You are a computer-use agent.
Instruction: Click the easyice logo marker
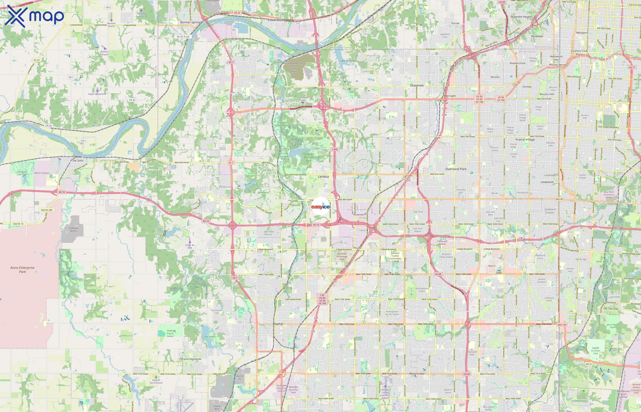click(320, 206)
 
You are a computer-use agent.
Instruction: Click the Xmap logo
click(35, 16)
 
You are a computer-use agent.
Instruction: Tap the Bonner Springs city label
click(191, 22)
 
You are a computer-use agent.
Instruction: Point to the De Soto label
click(78, 160)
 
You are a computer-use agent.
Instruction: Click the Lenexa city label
click(323, 176)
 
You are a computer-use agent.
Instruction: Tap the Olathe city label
click(277, 324)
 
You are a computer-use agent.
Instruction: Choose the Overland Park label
click(456, 169)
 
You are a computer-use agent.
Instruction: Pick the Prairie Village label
click(525, 140)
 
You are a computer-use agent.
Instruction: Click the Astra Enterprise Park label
click(22, 269)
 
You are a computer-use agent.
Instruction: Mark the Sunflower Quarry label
click(73, 229)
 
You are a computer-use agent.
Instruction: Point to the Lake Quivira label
click(347, 61)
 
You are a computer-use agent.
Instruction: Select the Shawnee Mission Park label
click(308, 157)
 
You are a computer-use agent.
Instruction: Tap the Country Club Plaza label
click(579, 52)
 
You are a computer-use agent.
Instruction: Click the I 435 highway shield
click(335, 149)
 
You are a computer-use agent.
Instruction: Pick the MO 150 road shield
click(562, 325)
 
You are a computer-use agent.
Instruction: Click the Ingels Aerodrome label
click(97, 94)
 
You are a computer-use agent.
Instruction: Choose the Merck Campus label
click(42, 173)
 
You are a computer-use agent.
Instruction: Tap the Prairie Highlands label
click(191, 359)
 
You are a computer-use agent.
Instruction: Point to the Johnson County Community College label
click(395, 257)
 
